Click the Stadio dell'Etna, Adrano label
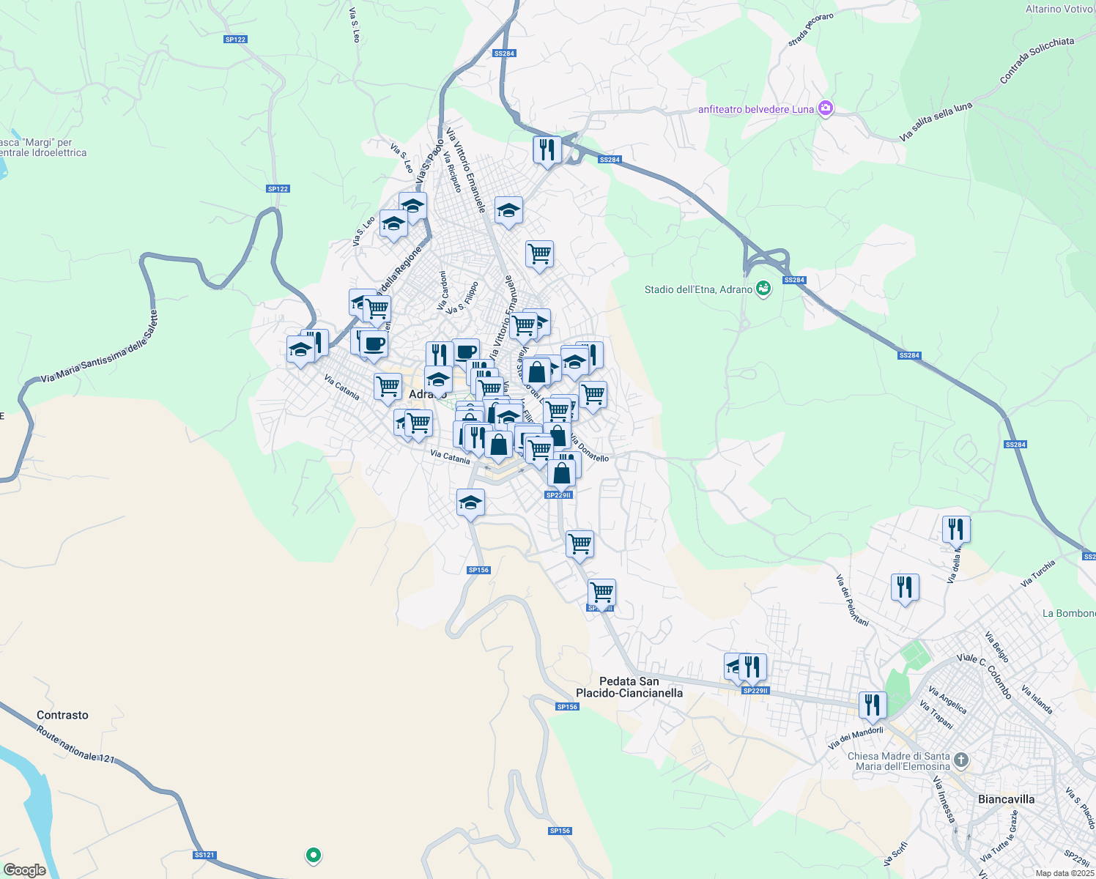pos(698,289)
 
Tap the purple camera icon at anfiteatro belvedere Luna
pos(826,108)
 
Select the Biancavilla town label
pos(1006,799)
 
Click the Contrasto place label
pos(62,715)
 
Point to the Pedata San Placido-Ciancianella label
pos(629,687)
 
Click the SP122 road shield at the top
pos(235,40)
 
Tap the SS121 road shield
pos(205,855)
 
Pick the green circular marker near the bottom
pos(314,854)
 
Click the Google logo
pos(24,870)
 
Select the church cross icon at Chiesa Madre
pos(962,760)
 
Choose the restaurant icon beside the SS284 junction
pos(547,149)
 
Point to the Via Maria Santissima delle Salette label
pos(99,346)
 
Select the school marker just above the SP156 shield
pos(470,503)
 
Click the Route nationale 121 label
pos(75,743)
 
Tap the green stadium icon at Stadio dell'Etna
pos(763,289)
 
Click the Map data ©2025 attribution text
pos(1064,873)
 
